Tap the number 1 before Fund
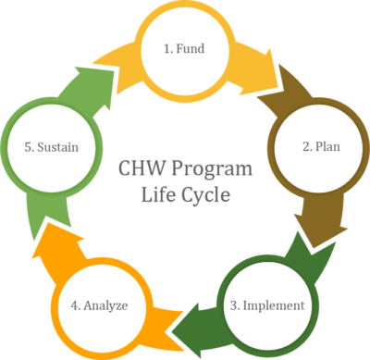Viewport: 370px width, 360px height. tap(167, 46)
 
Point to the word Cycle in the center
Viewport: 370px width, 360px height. tap(204, 195)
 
